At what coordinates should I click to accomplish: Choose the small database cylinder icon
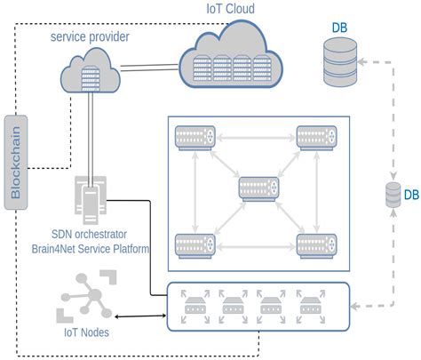coord(392,195)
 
